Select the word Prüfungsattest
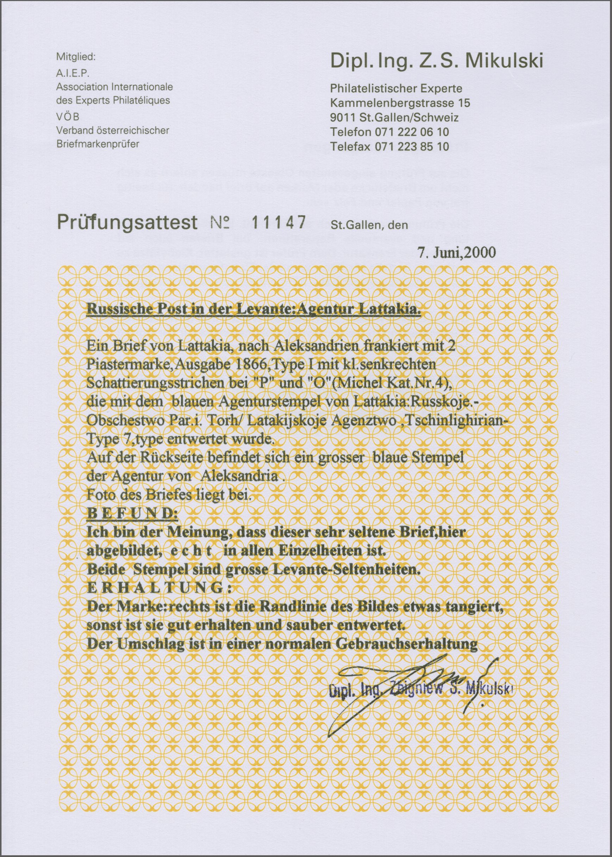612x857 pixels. pyautogui.click(x=127, y=222)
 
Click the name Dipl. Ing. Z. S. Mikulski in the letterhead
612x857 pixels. pyautogui.click(x=437, y=61)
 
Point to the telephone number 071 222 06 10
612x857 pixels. pyautogui.click(x=413, y=132)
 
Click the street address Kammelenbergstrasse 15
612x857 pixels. pyautogui.click(x=400, y=103)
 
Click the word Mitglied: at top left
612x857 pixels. pyautogui.click(x=76, y=58)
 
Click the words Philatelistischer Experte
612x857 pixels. pyautogui.click(x=396, y=88)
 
